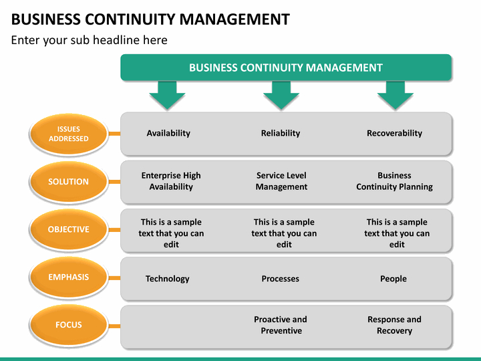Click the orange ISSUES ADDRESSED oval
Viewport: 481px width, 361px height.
click(69, 134)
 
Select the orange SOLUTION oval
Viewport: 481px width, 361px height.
click(69, 181)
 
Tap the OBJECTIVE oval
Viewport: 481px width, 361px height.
click(69, 229)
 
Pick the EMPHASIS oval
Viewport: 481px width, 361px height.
click(69, 277)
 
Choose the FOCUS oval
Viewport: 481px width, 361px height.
click(69, 325)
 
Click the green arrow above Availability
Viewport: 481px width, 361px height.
click(167, 95)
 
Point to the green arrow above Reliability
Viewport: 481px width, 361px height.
click(281, 95)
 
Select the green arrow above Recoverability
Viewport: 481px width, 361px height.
click(395, 95)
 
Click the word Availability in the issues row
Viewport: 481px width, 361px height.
click(168, 133)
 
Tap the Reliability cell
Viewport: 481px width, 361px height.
click(281, 133)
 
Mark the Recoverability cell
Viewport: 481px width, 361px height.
click(395, 133)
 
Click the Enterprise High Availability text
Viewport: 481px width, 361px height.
click(171, 181)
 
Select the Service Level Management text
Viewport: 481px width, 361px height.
click(281, 181)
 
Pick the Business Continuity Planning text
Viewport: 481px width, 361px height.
click(395, 181)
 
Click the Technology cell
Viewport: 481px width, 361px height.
click(168, 279)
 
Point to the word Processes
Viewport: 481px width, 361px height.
click(281, 279)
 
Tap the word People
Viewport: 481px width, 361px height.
click(393, 279)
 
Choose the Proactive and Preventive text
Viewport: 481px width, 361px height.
click(281, 325)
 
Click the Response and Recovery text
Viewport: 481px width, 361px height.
click(395, 325)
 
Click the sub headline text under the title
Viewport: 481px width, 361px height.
click(90, 40)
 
